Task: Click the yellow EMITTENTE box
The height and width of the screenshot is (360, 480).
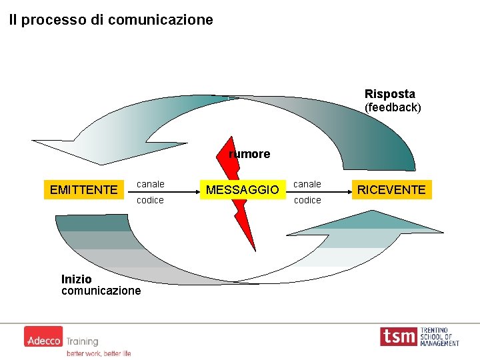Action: coord(83,190)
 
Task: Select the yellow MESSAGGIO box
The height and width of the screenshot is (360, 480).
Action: coord(242,190)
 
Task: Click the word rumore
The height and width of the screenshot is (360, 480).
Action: coord(249,154)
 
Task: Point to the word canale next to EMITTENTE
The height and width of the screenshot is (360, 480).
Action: coord(150,183)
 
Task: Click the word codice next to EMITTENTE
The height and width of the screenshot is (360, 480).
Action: coord(150,200)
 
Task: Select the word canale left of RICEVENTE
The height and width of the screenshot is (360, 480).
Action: coord(307,183)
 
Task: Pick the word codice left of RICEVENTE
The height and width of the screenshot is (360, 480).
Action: coord(307,200)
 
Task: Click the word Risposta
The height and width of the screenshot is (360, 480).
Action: coord(389,94)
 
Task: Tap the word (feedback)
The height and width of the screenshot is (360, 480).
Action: coord(393,107)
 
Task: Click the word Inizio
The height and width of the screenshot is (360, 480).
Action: coord(76,279)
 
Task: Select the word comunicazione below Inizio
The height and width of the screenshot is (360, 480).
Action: coord(101,291)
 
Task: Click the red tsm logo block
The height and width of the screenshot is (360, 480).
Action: coord(399,337)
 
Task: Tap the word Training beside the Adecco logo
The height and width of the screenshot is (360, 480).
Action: coord(81,341)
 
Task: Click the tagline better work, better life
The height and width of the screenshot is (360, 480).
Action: coord(99,353)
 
